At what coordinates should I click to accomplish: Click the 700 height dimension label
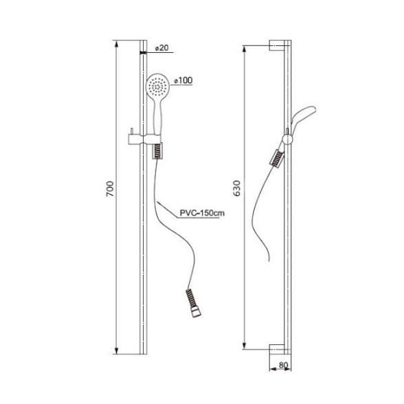point(110,189)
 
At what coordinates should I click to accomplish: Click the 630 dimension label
point(236,188)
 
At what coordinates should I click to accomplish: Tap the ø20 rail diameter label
point(162,48)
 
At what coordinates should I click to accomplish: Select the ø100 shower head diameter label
point(183,80)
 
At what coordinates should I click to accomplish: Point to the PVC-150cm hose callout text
point(202,213)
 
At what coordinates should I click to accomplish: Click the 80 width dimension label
point(283,365)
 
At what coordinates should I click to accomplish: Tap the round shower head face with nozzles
point(157,85)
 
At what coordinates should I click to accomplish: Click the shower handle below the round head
point(158,115)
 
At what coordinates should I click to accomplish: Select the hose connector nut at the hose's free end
point(196,312)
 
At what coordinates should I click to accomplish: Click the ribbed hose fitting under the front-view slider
point(157,151)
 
